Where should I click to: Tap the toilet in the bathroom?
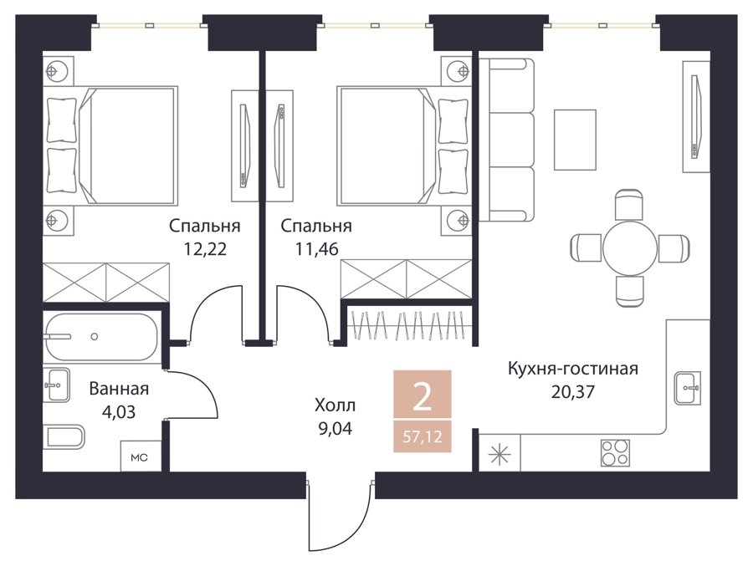(x=64, y=437)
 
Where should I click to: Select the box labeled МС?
(x=140, y=456)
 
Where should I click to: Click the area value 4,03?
(x=119, y=411)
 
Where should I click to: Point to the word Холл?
(x=335, y=405)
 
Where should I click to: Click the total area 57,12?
(x=423, y=437)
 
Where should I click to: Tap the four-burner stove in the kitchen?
(x=615, y=452)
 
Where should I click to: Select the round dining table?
(x=629, y=247)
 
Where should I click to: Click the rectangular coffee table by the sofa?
(x=575, y=140)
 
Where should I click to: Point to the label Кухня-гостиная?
(x=573, y=369)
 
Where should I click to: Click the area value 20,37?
(x=572, y=392)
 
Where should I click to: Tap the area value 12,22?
(x=205, y=248)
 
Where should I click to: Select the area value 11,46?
(x=316, y=248)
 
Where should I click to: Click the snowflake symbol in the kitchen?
(x=499, y=453)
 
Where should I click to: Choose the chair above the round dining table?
(x=629, y=205)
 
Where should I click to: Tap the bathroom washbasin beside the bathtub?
(x=57, y=385)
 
